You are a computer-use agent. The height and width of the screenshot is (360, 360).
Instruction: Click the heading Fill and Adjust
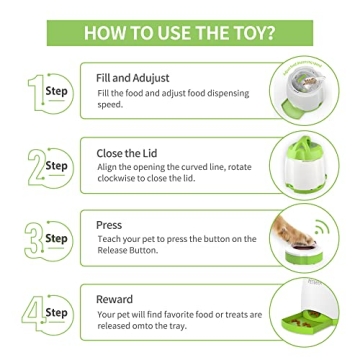click(132, 77)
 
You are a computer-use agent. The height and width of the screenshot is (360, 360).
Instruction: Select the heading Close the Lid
click(126, 153)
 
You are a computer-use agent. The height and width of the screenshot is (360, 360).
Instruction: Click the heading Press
click(109, 225)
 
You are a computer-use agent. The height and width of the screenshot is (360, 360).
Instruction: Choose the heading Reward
click(114, 299)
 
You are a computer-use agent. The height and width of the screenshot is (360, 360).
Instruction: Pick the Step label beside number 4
click(56, 313)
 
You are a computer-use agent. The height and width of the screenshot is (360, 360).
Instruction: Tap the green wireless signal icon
click(323, 230)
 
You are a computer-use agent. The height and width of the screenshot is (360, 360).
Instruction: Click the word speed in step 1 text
click(109, 104)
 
